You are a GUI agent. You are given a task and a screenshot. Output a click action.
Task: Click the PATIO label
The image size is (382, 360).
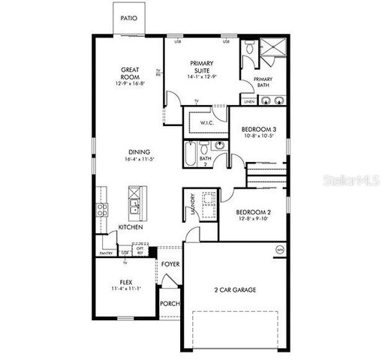(x=129, y=16)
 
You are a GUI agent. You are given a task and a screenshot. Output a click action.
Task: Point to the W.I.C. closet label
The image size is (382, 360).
(x=208, y=122)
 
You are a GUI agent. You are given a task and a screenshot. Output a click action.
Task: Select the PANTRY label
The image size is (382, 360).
(x=106, y=253)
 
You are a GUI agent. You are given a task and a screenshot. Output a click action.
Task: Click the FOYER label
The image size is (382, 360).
(x=170, y=265)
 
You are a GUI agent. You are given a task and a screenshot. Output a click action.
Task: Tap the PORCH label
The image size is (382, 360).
(x=170, y=304)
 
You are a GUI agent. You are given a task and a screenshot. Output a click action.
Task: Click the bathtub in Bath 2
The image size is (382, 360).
(x=191, y=153)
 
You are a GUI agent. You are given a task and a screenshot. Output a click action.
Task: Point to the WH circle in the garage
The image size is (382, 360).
(x=280, y=250)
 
